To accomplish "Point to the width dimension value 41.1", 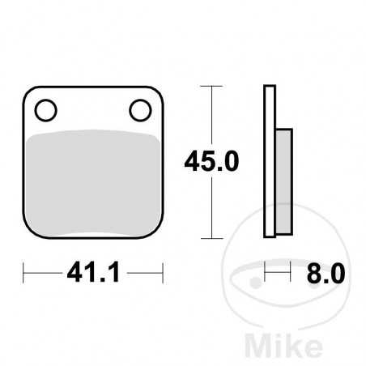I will (93, 274).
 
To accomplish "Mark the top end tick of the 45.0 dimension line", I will (211, 85).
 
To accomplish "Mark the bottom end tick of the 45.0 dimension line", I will (211, 238).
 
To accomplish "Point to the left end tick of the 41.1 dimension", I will (23, 274).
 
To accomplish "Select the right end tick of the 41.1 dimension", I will (163, 274).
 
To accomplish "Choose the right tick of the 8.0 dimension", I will (289, 274).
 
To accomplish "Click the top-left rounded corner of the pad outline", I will (27, 90).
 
